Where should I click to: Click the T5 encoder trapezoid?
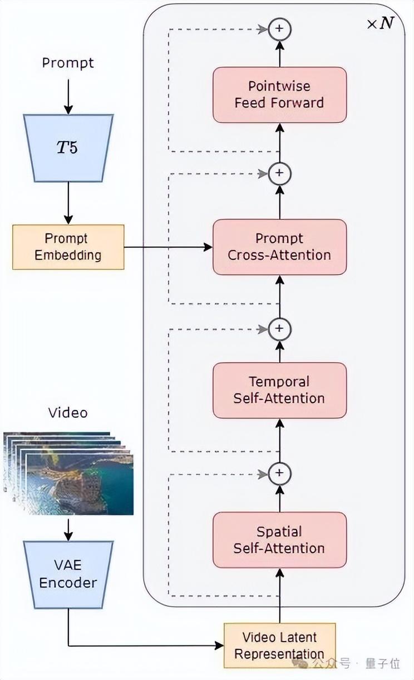(x=68, y=148)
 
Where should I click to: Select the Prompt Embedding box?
(x=68, y=247)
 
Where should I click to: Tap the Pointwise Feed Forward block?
(x=279, y=94)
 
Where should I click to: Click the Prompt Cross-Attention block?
(x=279, y=247)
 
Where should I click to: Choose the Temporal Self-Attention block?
(x=279, y=390)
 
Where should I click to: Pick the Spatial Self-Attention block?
(x=279, y=539)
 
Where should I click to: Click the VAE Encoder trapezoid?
(x=68, y=574)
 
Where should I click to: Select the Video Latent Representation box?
(x=279, y=645)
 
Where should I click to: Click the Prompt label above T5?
(x=68, y=63)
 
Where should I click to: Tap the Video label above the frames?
(x=68, y=413)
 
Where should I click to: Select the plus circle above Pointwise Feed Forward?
(x=279, y=28)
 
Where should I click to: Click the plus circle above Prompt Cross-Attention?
(x=279, y=174)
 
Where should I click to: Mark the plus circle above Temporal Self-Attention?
(x=279, y=329)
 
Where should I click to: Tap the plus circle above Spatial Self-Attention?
(x=279, y=473)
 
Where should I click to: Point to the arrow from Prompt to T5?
(x=68, y=96)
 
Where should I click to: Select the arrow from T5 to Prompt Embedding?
(x=68, y=203)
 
